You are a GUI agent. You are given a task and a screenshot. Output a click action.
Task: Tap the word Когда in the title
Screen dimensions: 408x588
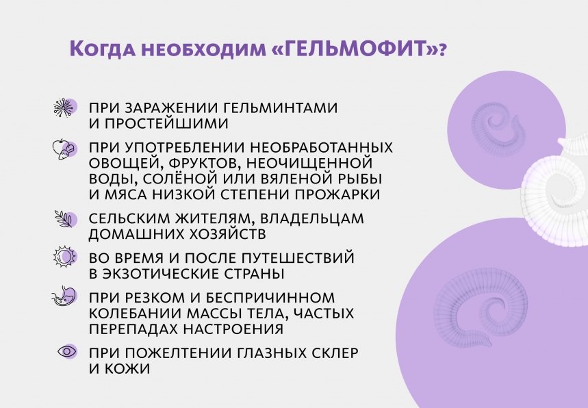pyautogui.click(x=101, y=50)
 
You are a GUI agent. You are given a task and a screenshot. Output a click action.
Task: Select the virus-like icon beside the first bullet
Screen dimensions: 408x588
pyautogui.click(x=64, y=108)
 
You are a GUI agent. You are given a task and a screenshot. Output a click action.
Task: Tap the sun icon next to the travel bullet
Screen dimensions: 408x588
pyautogui.click(x=64, y=257)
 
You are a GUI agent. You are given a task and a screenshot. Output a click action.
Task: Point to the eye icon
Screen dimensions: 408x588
pyautogui.click(x=67, y=351)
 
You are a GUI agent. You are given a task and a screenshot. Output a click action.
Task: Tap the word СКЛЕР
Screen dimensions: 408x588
pyautogui.click(x=331, y=352)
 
